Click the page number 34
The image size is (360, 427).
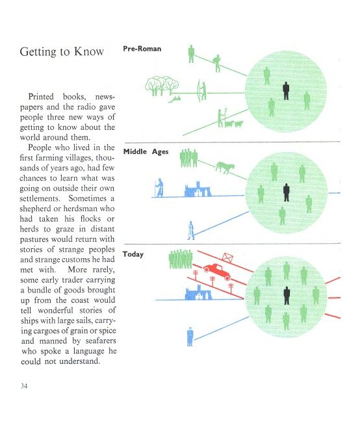pyautogui.click(x=23, y=385)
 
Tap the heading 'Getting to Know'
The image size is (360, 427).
pyautogui.click(x=62, y=51)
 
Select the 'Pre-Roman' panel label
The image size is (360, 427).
pyautogui.click(x=142, y=49)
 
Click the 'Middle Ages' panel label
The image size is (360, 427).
pyautogui.click(x=146, y=151)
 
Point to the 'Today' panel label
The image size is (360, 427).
pyautogui.click(x=133, y=254)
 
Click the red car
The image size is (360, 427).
pyautogui.click(x=217, y=271)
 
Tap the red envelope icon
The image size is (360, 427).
pyautogui.click(x=227, y=257)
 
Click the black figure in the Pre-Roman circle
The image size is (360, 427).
pyautogui.click(x=286, y=91)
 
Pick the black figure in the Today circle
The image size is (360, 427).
pyautogui.click(x=287, y=296)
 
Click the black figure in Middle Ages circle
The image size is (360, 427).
pyautogui.click(x=286, y=192)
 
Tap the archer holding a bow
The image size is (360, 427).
pyautogui.click(x=202, y=91)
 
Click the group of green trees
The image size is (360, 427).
pyautogui.click(x=162, y=86)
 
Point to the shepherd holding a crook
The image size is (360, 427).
pyautogui.click(x=222, y=118)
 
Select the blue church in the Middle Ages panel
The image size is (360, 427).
pyautogui.click(x=198, y=189)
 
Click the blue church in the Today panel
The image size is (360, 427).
pyautogui.click(x=198, y=292)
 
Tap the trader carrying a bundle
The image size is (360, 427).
pyautogui.click(x=217, y=63)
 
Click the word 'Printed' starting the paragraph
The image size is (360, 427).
pyautogui.click(x=41, y=97)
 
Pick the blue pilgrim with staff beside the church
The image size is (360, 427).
pyautogui.click(x=159, y=188)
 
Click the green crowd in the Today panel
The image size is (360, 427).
pyautogui.click(x=181, y=259)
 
